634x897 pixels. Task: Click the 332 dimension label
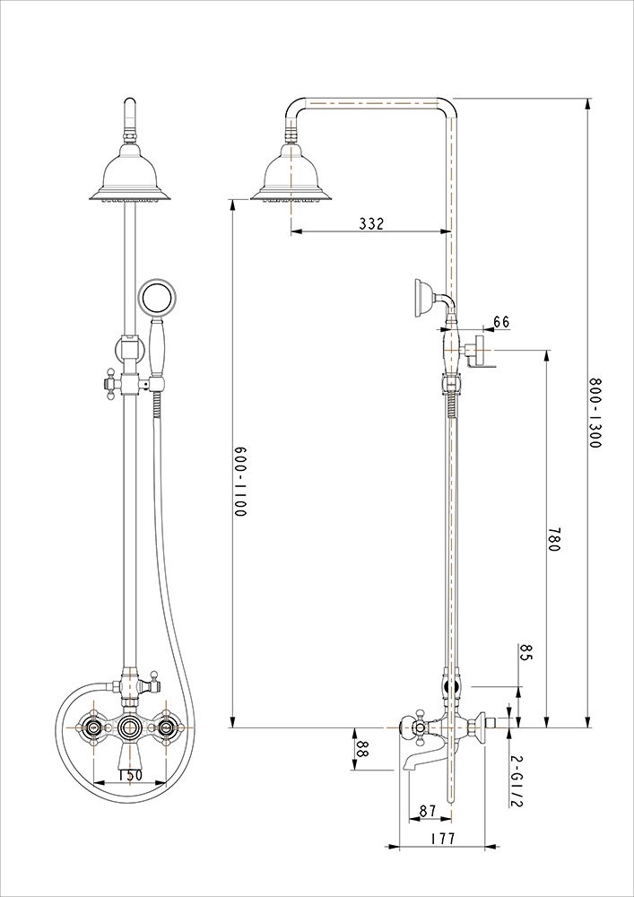371,223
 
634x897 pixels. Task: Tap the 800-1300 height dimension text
595,413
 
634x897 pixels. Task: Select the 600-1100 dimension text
240,482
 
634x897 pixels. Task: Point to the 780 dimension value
552,539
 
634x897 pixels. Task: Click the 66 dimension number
501,321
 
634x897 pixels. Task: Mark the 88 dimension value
360,749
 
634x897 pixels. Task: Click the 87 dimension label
428,811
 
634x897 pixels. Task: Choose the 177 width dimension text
442,839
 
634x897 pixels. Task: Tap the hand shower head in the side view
424,296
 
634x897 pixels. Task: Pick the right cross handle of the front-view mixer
168,727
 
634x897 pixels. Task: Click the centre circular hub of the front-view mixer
130,727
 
